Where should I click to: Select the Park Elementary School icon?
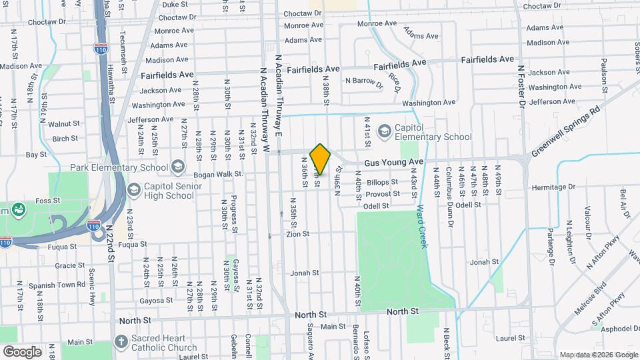click(x=177, y=165)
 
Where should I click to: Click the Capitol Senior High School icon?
click(x=134, y=191)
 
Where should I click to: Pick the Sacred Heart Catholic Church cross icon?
click(x=121, y=342)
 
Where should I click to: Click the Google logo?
click(x=22, y=352)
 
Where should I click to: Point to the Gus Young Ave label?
click(x=393, y=162)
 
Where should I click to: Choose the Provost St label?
click(x=383, y=193)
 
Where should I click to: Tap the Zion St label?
click(x=298, y=234)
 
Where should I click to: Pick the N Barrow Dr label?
click(x=365, y=82)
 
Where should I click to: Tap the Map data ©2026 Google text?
click(x=598, y=355)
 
